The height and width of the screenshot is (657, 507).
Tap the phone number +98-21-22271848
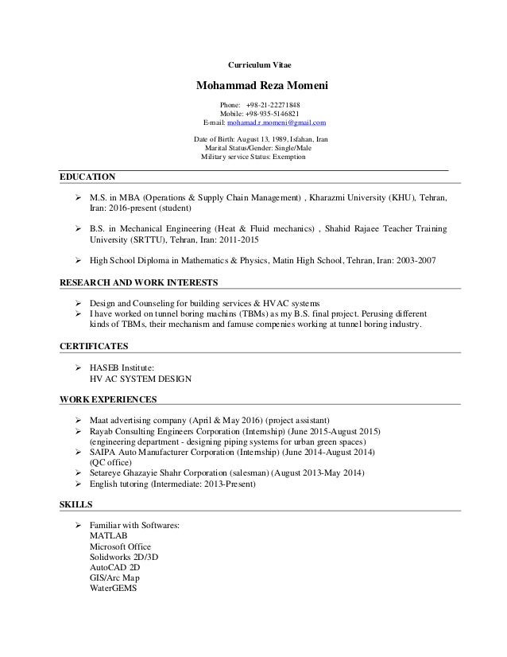coord(272,104)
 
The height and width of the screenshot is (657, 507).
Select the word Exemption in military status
coord(284,157)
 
